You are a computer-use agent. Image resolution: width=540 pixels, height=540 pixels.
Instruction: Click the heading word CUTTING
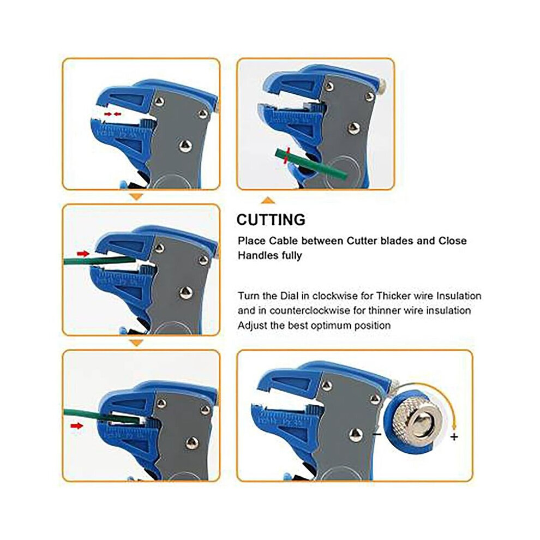[271, 220]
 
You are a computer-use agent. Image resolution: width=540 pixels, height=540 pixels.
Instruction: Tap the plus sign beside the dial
[454, 437]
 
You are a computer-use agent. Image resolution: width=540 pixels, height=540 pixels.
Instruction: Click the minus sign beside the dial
[377, 434]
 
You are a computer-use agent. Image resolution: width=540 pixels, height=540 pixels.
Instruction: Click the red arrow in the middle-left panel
[83, 254]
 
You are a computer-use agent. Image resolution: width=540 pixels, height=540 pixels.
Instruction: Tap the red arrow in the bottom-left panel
[77, 426]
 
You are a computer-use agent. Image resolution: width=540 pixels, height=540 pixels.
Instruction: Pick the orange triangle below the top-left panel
[136, 197]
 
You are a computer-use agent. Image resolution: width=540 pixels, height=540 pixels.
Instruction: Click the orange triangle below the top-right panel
[268, 200]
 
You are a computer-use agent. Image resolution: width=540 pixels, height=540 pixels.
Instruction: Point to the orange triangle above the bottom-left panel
[136, 343]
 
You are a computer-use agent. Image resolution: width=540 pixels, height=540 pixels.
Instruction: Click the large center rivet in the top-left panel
[185, 146]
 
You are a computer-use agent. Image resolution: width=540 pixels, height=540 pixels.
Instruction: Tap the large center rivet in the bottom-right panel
[356, 435]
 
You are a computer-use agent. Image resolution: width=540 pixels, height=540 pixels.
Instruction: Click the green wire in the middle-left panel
[99, 260]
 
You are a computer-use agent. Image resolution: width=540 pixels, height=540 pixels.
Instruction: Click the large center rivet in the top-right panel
[353, 128]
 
